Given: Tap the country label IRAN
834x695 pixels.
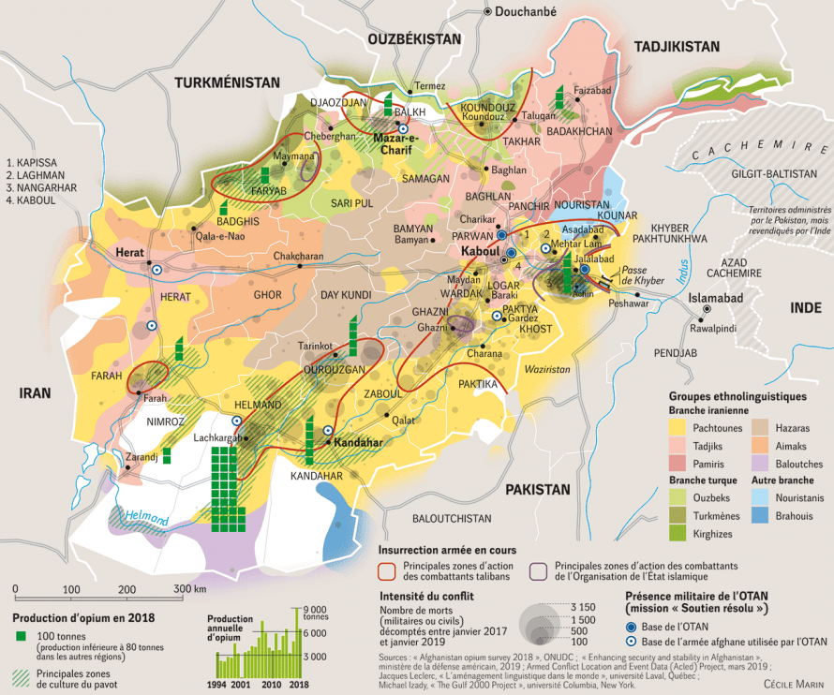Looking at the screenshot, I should [36, 394].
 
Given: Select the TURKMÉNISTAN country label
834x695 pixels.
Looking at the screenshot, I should [227, 82].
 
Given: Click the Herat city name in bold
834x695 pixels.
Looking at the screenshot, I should [128, 253].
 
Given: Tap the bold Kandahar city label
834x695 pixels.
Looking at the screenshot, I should [359, 440].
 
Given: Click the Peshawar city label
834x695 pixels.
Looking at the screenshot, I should [627, 303].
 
